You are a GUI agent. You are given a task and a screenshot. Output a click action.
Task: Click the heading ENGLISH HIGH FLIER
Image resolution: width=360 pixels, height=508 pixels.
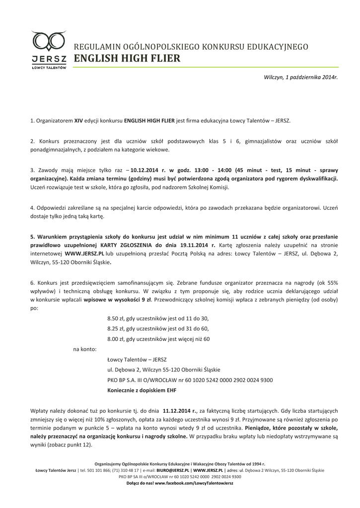(127, 59)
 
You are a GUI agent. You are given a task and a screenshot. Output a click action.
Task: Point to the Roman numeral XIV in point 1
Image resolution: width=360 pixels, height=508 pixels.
(78, 121)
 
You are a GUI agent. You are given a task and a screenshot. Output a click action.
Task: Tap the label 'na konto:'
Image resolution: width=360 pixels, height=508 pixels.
(84, 349)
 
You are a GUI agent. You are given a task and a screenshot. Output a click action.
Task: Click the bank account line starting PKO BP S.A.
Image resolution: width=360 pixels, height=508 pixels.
(190, 380)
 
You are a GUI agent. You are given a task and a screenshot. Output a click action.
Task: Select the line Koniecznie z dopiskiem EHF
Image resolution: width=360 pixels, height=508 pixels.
(142, 390)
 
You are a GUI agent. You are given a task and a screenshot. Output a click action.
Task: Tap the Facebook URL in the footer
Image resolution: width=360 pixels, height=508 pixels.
(194, 482)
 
